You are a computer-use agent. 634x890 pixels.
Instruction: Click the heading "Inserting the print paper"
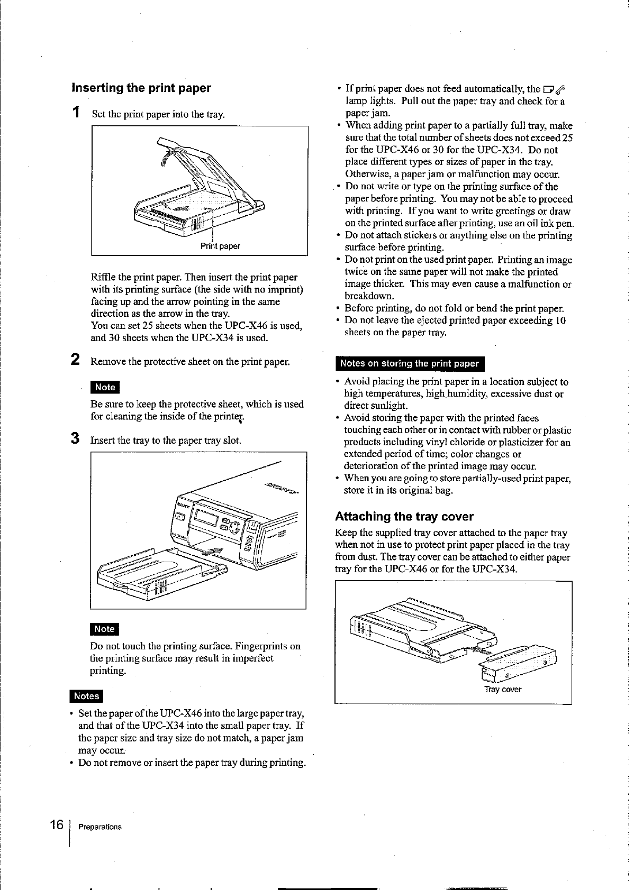point(141,88)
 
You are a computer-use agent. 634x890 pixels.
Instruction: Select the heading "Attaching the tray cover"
point(404,516)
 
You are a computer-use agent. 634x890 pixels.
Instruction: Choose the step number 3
point(76,439)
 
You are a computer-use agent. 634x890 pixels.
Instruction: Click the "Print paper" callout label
point(220,246)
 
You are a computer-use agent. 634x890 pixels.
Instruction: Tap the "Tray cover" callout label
point(503,690)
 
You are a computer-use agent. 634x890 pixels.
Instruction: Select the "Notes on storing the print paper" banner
point(409,363)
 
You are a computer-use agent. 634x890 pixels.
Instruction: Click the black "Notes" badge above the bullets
point(86,696)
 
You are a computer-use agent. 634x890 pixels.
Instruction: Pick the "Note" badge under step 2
point(105,387)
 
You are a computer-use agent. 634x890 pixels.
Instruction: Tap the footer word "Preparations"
point(99,827)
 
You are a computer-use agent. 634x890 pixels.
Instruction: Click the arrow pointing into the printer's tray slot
point(215,551)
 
